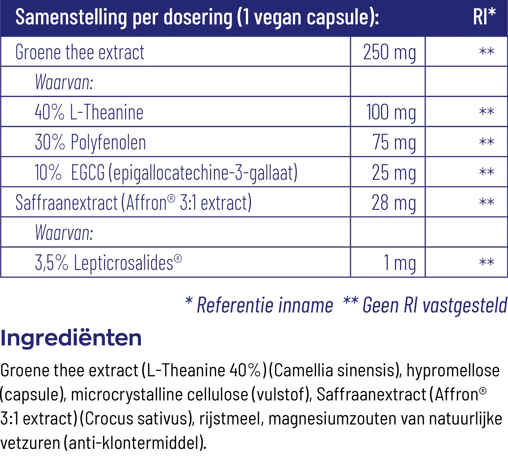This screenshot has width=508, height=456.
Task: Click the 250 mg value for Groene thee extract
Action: point(390,52)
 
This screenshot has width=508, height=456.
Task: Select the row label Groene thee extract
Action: point(80,52)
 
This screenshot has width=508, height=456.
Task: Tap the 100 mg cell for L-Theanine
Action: point(391,112)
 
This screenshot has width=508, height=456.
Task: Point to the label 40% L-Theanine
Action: point(89,112)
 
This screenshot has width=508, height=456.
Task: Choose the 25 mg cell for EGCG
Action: point(394,172)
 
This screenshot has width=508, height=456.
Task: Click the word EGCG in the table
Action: point(88,172)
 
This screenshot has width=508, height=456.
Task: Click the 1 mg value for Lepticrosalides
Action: point(400,263)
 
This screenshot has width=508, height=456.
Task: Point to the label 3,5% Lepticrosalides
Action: point(108,263)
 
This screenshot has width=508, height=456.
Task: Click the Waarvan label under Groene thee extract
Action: point(64,82)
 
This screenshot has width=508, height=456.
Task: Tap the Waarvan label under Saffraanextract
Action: point(64,233)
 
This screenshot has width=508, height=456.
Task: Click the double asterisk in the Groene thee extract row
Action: point(486,52)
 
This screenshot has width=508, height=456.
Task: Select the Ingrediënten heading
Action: point(71,339)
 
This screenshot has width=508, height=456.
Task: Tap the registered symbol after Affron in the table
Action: point(171,199)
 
